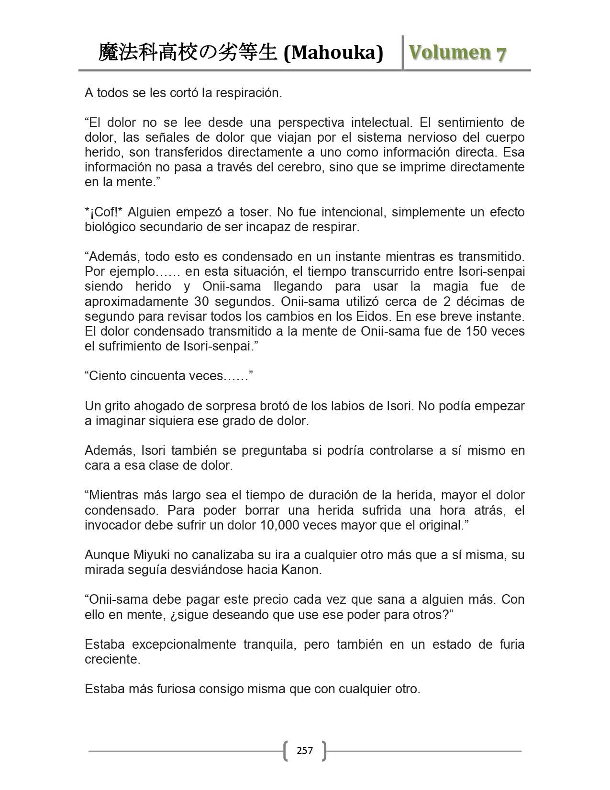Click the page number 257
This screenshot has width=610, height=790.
[x=305, y=750]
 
